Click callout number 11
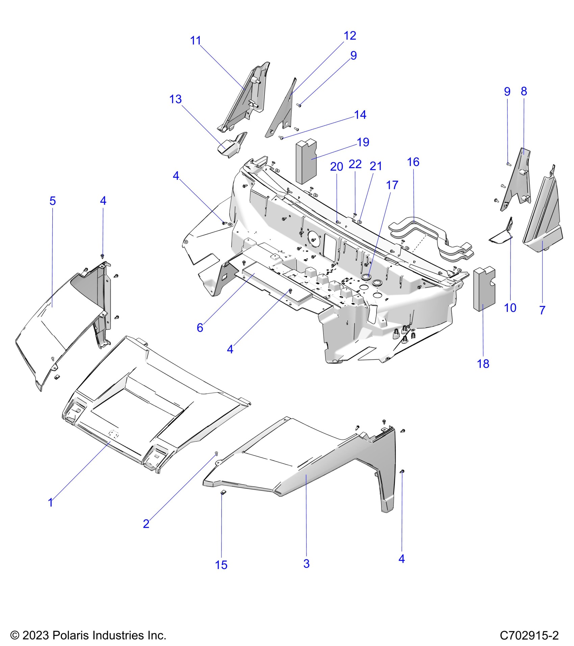[195, 41]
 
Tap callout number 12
[350, 36]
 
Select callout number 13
[176, 99]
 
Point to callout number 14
[360, 115]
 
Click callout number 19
[363, 142]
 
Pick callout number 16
[413, 162]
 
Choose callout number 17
[392, 185]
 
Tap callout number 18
[483, 364]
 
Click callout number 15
[221, 565]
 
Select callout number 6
[200, 327]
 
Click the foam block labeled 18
[485, 289]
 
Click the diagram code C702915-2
[529, 636]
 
